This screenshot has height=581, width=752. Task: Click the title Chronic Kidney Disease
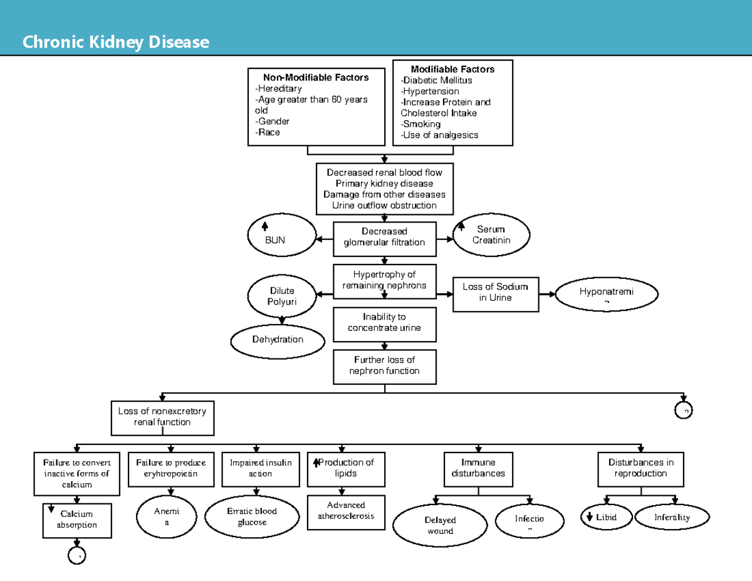coord(115,43)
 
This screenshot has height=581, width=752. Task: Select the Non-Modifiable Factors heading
coord(316,78)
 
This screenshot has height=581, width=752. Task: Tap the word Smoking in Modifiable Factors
coord(422,124)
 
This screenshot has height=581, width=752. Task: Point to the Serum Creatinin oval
coord(491,235)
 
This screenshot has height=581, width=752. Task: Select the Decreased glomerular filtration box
coord(384,238)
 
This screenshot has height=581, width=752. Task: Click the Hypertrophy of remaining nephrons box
coord(384,280)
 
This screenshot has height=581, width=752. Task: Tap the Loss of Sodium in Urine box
coord(495,293)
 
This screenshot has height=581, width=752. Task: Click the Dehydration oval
coord(278,340)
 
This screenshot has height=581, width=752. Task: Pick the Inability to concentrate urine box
coord(384,323)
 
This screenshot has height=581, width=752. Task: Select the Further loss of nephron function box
coord(384,365)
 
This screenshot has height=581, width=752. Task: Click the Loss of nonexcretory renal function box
coord(162,417)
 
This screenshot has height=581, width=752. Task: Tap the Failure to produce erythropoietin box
coord(170,468)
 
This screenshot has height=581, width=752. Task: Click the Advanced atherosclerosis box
coord(346,511)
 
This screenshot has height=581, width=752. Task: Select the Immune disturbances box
coord(478,468)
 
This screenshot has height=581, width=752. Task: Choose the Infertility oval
coord(672,518)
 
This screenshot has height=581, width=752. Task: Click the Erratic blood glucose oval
coord(252,517)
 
